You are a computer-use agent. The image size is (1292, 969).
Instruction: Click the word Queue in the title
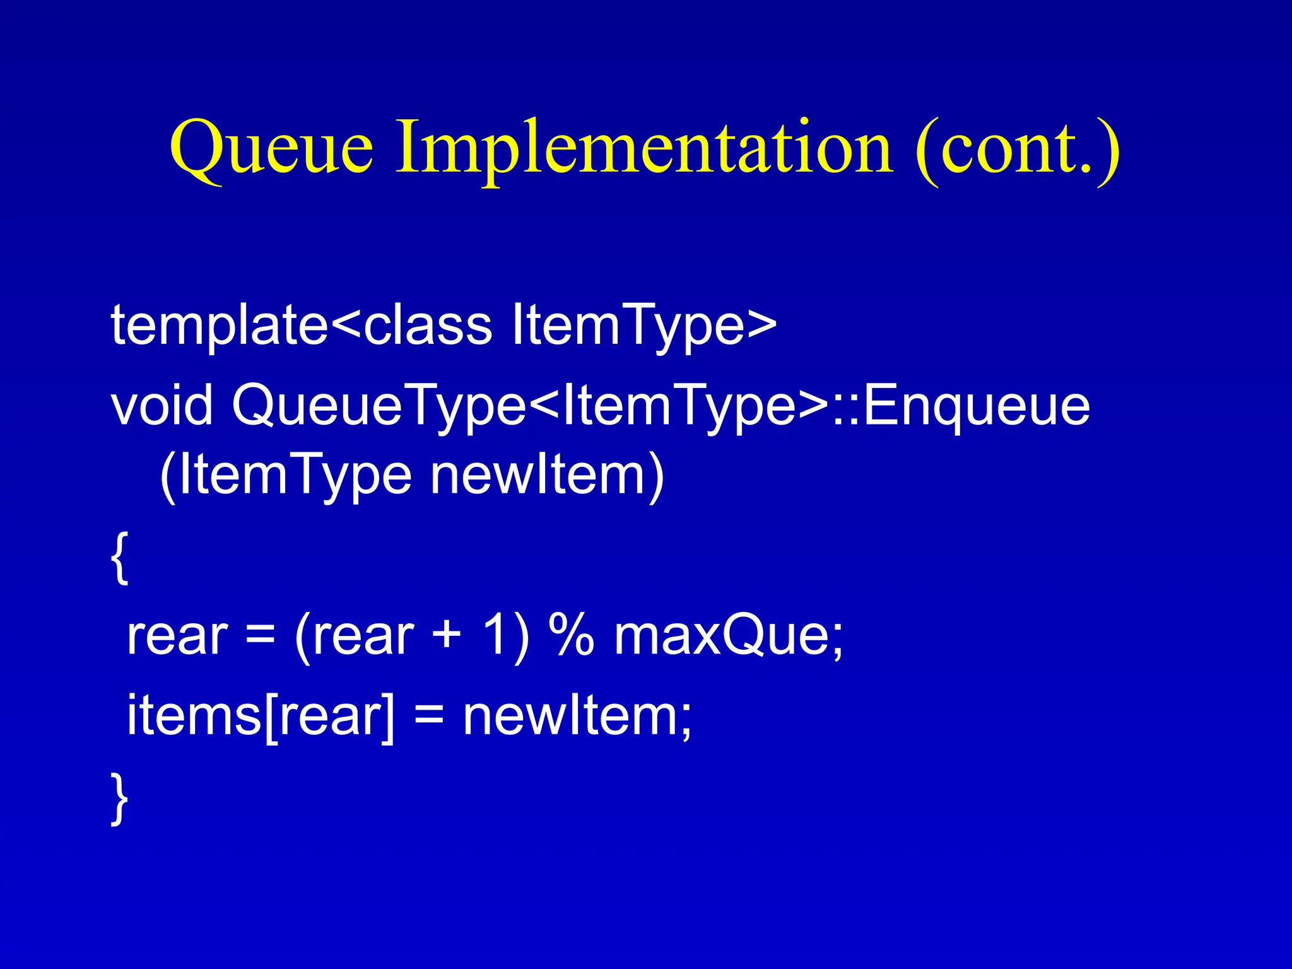point(271,149)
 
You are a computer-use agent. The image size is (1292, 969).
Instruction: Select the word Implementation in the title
point(643,149)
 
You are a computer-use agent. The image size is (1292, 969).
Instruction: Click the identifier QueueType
point(379,405)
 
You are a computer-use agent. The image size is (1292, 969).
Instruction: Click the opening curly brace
point(120,558)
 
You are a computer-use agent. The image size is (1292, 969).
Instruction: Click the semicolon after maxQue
point(837,641)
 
